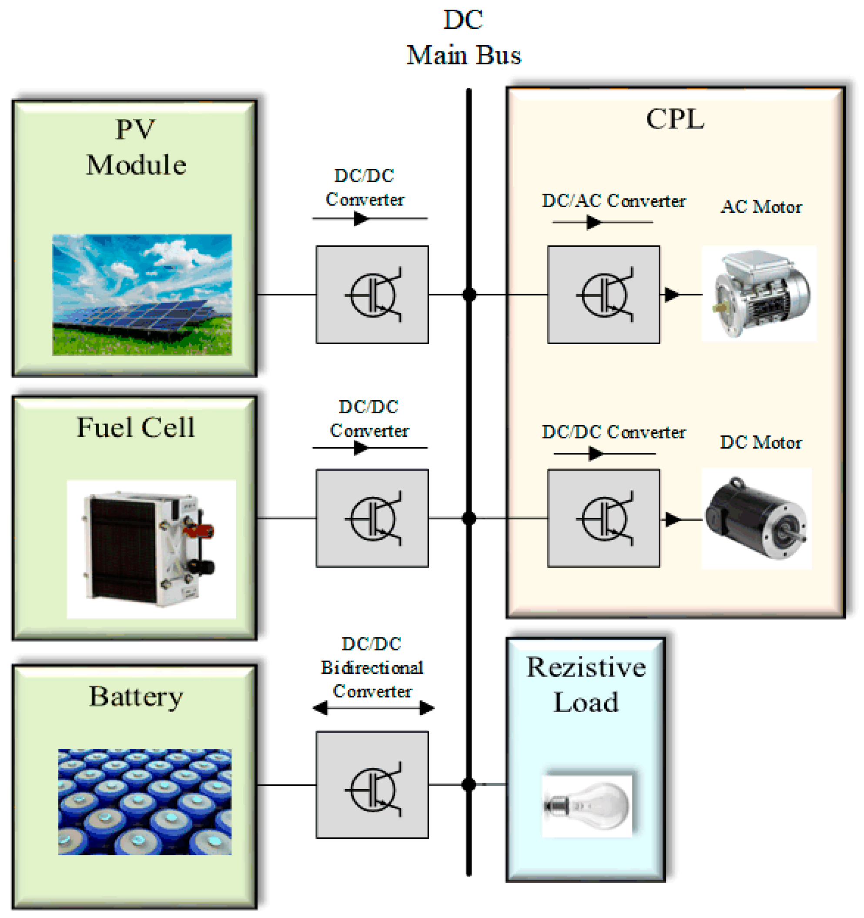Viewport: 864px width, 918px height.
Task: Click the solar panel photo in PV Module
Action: (x=142, y=295)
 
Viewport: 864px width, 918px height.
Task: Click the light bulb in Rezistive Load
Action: (x=586, y=806)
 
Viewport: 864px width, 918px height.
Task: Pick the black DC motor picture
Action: (x=757, y=518)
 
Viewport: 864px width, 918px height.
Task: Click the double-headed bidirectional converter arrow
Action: (x=373, y=708)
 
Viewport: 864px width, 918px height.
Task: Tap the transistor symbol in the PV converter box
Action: (x=373, y=295)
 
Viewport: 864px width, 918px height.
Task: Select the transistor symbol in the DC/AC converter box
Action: (x=604, y=295)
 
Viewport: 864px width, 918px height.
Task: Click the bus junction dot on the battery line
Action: (x=469, y=784)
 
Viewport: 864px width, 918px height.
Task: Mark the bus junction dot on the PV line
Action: (x=469, y=294)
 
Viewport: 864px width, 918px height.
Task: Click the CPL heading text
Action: (x=675, y=119)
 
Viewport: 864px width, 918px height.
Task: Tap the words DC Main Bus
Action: (x=463, y=38)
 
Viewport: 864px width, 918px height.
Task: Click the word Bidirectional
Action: (x=372, y=668)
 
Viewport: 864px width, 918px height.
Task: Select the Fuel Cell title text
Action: (x=135, y=427)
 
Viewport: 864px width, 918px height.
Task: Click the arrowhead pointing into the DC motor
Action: (x=672, y=519)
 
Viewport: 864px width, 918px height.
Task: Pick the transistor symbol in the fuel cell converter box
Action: (x=373, y=519)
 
